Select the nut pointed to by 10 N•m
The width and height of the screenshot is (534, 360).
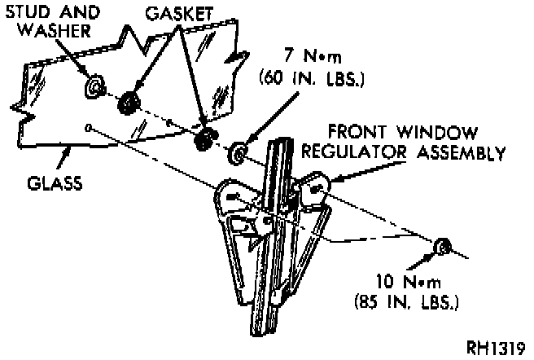[444, 246]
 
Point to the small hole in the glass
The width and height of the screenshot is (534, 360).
[88, 127]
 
